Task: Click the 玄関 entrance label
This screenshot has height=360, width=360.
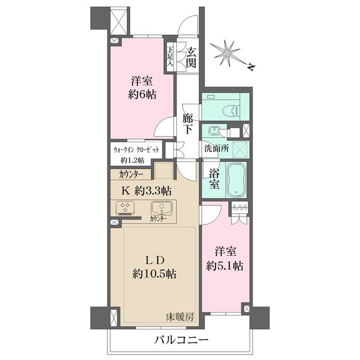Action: click(191, 57)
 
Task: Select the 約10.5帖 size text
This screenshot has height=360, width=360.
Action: click(155, 274)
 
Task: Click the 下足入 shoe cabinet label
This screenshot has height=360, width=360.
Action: click(170, 58)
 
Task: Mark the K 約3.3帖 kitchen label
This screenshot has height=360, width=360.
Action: click(148, 191)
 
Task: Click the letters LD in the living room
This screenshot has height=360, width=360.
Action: click(154, 260)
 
